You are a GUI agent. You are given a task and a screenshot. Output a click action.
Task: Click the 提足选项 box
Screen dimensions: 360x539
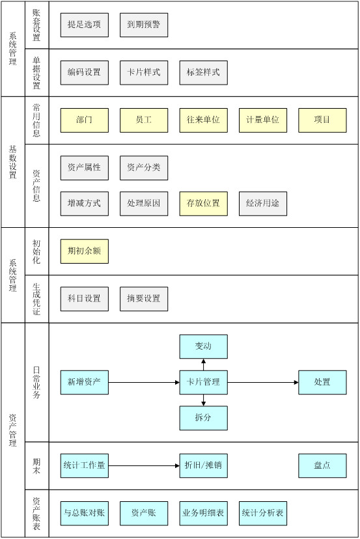point(84,25)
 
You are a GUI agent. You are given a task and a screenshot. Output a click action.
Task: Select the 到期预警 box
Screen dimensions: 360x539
point(144,25)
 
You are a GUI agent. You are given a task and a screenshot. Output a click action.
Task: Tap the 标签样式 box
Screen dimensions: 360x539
point(203,72)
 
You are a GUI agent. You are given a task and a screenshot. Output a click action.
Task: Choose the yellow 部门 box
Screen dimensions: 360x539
point(84,120)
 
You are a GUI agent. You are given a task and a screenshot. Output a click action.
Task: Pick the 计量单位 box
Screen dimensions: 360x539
point(263,120)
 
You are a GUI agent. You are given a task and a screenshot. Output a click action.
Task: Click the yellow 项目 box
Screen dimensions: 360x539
point(322,120)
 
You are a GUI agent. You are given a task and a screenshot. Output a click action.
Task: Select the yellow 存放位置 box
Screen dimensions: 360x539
point(203,204)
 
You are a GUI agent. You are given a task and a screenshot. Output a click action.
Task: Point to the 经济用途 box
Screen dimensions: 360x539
point(263,204)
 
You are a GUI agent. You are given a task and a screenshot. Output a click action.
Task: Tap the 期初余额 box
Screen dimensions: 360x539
point(84,251)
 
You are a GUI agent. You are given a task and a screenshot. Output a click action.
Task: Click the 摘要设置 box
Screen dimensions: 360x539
point(144,299)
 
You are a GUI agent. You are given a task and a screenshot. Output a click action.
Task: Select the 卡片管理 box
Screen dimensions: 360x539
point(203,382)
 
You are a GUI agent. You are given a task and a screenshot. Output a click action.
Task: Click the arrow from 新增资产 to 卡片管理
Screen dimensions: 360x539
point(144,382)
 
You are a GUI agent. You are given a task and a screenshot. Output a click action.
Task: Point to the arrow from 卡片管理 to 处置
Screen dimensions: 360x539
point(263,382)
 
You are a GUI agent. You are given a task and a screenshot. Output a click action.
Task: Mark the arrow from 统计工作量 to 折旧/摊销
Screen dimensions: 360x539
point(144,466)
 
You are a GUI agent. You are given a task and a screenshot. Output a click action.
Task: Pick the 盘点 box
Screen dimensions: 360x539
point(322,466)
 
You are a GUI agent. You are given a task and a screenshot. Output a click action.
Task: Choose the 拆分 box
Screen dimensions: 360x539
point(203,418)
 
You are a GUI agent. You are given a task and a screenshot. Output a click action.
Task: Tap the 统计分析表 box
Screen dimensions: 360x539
point(263,513)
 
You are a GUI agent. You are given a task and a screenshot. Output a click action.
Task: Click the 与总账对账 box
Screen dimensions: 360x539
point(84,513)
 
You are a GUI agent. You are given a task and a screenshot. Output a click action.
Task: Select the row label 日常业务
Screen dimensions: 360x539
point(36,382)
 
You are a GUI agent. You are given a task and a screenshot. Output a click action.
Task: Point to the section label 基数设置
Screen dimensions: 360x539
point(13,162)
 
